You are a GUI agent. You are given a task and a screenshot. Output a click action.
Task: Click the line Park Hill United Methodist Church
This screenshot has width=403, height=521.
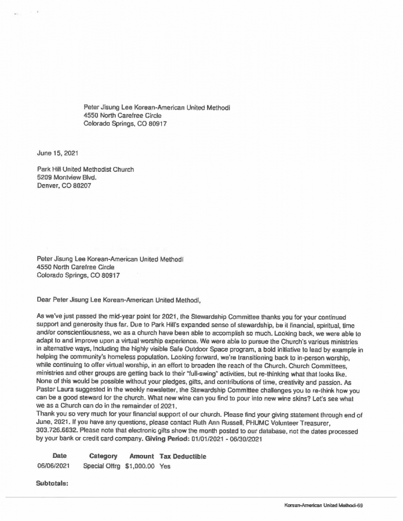(x=85, y=170)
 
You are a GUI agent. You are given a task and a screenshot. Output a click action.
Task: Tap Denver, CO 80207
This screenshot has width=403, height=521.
(x=64, y=186)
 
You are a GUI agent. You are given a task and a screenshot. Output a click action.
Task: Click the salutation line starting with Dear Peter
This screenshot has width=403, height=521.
(x=118, y=300)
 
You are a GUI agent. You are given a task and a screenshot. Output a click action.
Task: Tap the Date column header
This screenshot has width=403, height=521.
(x=59, y=456)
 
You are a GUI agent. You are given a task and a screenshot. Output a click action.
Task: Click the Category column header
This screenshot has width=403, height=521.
(x=103, y=456)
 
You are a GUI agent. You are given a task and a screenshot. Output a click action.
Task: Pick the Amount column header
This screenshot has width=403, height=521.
(x=141, y=456)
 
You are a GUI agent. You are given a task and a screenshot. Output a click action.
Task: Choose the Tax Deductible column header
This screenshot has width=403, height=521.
(x=183, y=456)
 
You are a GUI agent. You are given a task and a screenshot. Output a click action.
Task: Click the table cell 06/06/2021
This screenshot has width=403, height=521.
(x=54, y=466)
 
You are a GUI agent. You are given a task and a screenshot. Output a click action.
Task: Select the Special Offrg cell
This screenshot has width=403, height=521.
(x=101, y=466)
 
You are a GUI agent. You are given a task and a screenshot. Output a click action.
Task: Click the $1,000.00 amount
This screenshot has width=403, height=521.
(x=139, y=466)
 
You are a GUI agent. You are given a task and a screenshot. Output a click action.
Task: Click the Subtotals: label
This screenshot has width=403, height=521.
(x=52, y=482)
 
